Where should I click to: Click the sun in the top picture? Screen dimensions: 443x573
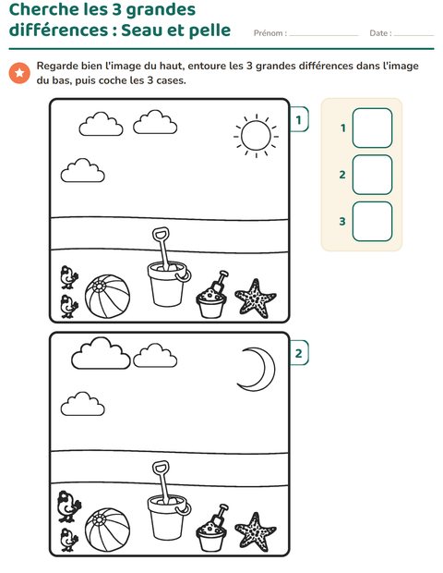click(x=257, y=136)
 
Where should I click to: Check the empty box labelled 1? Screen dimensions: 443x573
click(x=372, y=128)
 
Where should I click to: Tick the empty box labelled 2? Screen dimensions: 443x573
click(x=372, y=175)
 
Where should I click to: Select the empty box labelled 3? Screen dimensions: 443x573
click(x=372, y=222)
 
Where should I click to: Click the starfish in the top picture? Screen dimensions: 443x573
click(x=255, y=299)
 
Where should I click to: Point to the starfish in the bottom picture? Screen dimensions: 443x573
click(x=255, y=532)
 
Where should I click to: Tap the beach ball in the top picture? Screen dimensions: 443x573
click(x=107, y=297)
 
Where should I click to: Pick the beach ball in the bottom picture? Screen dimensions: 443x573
click(x=107, y=530)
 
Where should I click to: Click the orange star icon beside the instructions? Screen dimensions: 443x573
click(x=19, y=73)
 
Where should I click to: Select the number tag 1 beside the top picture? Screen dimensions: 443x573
click(x=299, y=119)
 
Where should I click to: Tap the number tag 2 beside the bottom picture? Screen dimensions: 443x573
click(x=299, y=353)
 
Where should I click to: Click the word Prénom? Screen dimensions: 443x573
click(x=269, y=33)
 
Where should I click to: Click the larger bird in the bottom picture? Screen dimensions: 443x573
click(x=68, y=506)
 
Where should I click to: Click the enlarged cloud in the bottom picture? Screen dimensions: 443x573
click(x=101, y=353)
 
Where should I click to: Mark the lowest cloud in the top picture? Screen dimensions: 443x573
click(x=83, y=170)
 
